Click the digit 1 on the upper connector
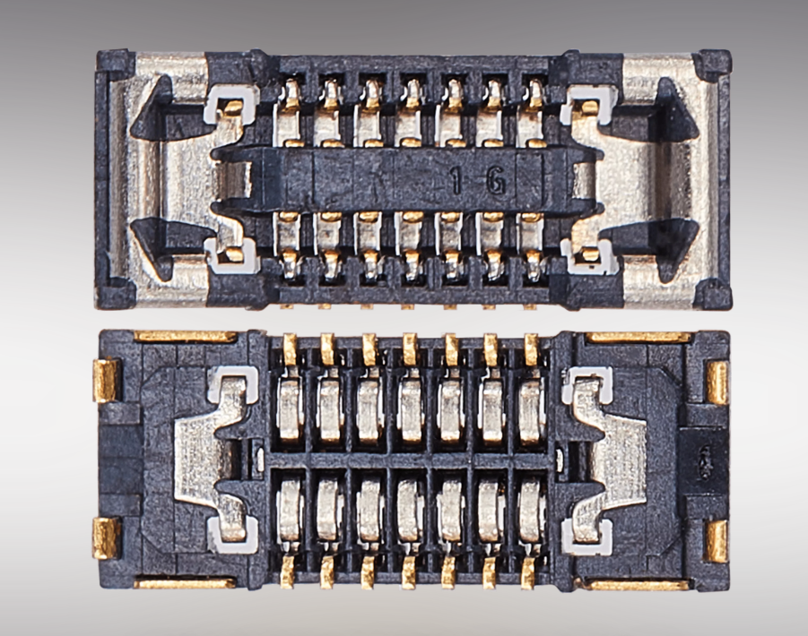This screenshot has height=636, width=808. (x=456, y=182)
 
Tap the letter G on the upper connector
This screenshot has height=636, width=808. (x=495, y=182)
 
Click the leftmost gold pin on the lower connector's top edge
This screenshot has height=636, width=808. (x=291, y=349)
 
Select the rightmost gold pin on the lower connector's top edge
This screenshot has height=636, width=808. (x=531, y=349)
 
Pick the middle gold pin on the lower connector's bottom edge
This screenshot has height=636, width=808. (x=409, y=572)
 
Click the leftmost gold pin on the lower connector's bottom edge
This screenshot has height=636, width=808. (x=287, y=572)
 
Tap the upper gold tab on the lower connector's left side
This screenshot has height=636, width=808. (x=106, y=381)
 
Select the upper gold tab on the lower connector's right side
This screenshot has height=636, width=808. (x=717, y=382)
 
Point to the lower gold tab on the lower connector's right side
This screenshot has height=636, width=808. (x=717, y=541)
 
